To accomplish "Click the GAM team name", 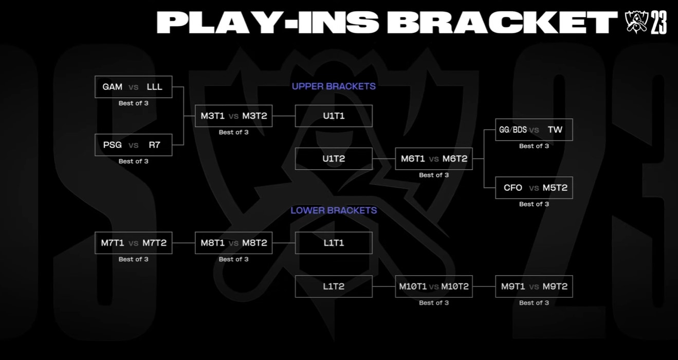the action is click(112, 87).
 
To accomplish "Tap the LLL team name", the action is click(154, 87).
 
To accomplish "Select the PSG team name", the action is click(112, 145).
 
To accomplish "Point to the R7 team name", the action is click(154, 145).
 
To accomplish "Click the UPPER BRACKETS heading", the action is click(334, 86).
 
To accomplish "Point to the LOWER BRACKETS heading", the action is click(334, 210).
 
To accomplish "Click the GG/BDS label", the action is click(512, 130).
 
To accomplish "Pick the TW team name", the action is click(555, 130).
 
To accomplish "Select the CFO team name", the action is click(512, 188).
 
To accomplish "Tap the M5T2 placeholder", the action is click(555, 188).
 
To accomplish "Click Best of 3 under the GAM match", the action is click(134, 103).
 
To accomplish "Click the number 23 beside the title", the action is click(658, 23).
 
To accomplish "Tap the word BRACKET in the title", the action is click(502, 23).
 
